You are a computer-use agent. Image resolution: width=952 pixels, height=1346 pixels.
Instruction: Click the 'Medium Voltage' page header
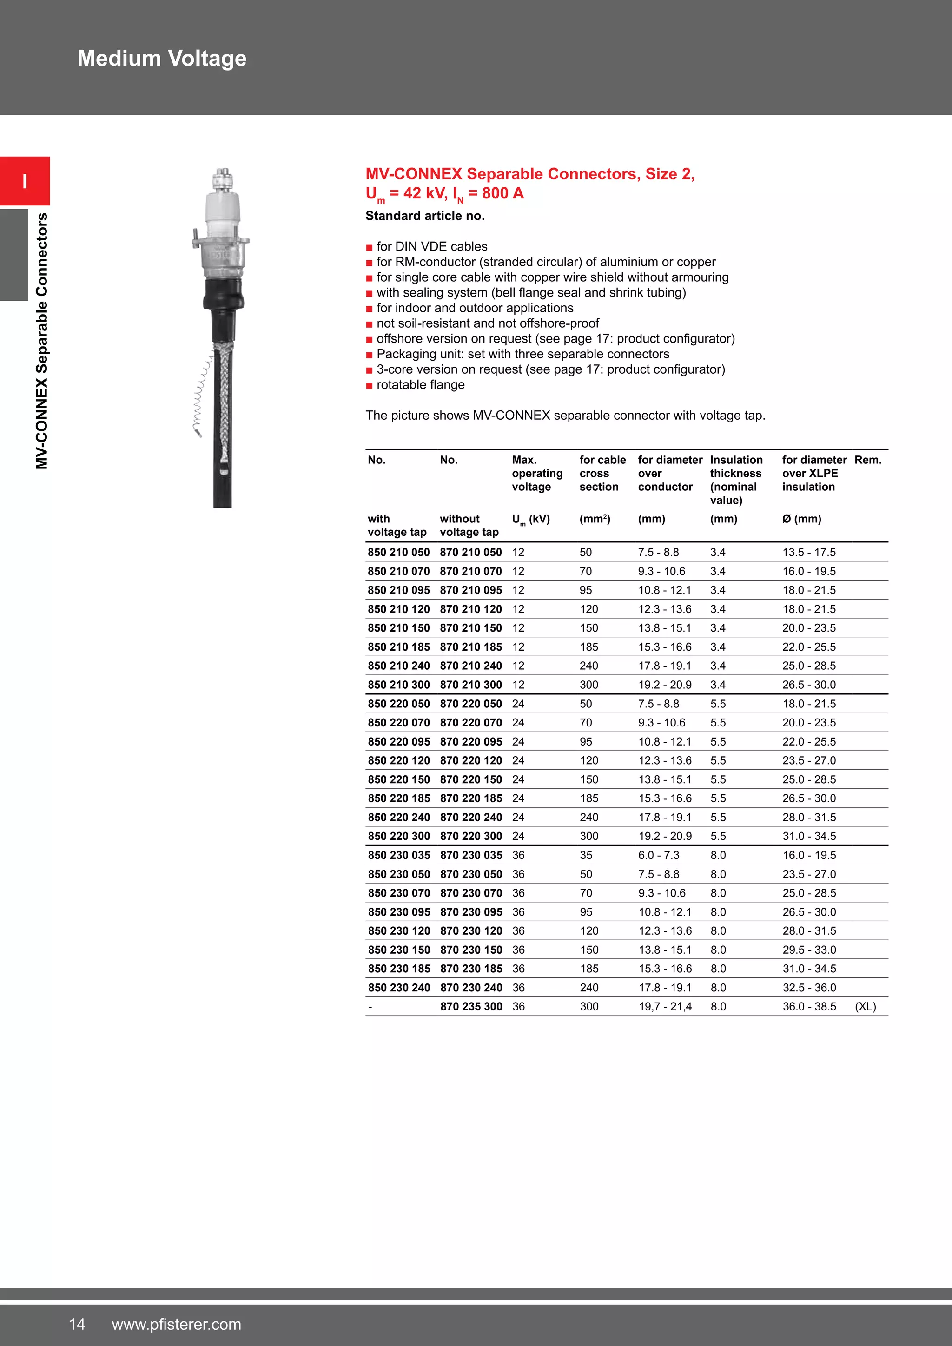(x=162, y=59)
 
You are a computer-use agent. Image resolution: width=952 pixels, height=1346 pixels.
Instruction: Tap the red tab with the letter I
(x=25, y=181)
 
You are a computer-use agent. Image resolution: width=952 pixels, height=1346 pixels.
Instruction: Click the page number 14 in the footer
(x=77, y=1324)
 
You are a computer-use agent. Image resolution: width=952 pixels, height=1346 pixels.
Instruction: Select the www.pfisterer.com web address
(x=177, y=1324)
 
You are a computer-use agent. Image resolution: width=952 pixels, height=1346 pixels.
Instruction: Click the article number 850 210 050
(x=399, y=552)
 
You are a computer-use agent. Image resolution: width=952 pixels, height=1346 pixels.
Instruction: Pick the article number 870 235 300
(x=471, y=1007)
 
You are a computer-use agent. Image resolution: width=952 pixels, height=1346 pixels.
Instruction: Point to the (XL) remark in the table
(x=865, y=1007)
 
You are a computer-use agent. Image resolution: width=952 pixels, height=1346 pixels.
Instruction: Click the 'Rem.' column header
(x=867, y=460)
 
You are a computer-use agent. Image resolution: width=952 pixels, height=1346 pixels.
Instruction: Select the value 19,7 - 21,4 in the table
(x=665, y=1007)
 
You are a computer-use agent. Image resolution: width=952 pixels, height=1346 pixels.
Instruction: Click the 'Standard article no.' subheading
(x=425, y=216)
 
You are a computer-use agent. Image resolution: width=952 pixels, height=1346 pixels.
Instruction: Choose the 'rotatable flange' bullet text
(x=420, y=385)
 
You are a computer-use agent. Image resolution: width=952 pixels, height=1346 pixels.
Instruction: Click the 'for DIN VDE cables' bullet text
(x=432, y=247)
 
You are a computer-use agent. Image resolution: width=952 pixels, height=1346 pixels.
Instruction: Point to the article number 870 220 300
(x=471, y=836)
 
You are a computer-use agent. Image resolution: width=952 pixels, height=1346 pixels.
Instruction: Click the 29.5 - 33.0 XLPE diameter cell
(x=809, y=950)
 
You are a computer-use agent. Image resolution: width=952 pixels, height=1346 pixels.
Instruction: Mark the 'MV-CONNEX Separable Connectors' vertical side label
(x=41, y=341)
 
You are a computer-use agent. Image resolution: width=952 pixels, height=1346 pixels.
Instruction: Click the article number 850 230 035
(x=399, y=855)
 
